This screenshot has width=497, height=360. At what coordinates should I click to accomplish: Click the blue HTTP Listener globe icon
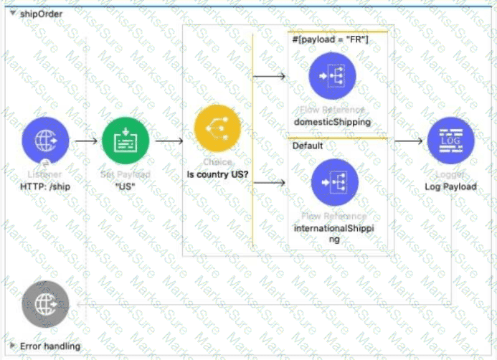pos(45,141)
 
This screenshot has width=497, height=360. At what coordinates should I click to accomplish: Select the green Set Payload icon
pos(126,141)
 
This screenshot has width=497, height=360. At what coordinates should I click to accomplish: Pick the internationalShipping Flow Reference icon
pos(334,183)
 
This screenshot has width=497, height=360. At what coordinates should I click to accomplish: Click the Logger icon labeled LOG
pos(450,141)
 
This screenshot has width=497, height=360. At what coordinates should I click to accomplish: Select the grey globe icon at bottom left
pos(45,304)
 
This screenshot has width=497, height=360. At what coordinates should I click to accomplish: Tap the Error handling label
pos(50,346)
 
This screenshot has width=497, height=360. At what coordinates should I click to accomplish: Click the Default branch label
pos(307,146)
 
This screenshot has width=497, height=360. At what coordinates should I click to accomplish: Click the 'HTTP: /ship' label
pos(46,186)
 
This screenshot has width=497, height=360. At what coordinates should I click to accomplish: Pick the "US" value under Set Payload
pos(126,186)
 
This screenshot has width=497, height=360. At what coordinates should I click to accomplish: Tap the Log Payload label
pos(451,186)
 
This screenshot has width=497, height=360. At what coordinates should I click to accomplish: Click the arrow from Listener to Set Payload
pos(85,141)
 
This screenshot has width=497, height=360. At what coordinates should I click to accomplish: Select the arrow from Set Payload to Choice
pos(169,141)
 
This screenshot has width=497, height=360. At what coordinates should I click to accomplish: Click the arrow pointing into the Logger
pos(408,141)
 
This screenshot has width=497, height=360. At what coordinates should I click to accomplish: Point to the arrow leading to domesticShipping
pos(272,74)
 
